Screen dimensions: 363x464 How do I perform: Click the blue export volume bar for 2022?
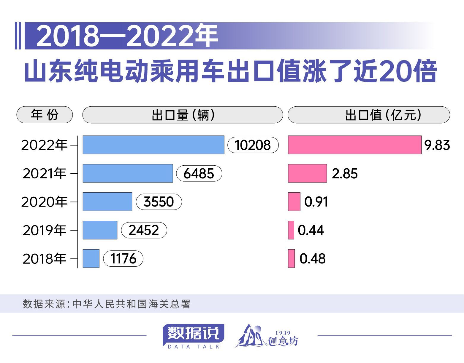tap(153, 145)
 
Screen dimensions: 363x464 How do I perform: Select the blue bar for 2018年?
tap(91, 259)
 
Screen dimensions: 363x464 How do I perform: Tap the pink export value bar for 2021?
tap(307, 173)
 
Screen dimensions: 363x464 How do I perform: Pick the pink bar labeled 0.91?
tap(294, 202)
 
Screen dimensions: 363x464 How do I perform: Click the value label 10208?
tap(253, 145)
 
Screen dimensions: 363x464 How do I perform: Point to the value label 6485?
tap(199, 174)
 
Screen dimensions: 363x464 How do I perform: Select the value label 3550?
tap(159, 202)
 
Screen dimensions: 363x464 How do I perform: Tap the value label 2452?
tap(144, 230)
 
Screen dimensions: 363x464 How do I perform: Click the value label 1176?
tap(123, 259)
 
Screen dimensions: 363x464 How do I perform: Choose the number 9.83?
tap(437, 145)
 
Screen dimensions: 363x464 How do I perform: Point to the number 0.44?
tap(311, 230)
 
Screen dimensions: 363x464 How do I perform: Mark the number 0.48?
tap(312, 259)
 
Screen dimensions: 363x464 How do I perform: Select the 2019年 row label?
tap(45, 230)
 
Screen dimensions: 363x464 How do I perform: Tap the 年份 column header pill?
tap(45, 115)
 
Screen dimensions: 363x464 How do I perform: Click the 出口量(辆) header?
tap(182, 115)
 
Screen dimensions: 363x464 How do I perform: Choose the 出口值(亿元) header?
tap(369, 115)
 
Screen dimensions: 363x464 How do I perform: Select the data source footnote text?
tap(107, 304)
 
